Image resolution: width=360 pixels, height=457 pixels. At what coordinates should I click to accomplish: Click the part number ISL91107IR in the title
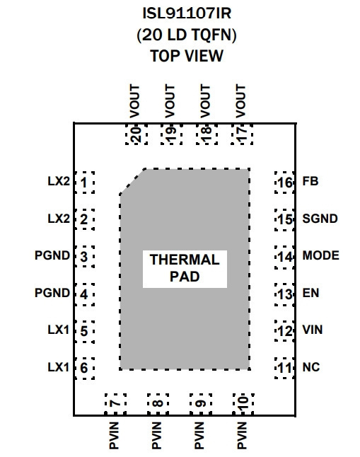pyautogui.click(x=187, y=13)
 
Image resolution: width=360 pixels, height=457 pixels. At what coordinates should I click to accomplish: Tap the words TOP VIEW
pyautogui.click(x=187, y=56)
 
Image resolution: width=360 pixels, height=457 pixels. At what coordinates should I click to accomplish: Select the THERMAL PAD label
pyautogui.click(x=185, y=268)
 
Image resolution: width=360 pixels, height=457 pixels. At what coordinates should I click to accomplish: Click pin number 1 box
pyautogui.click(x=85, y=183)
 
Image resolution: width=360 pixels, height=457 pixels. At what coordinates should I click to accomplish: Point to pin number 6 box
pyautogui.click(x=85, y=369)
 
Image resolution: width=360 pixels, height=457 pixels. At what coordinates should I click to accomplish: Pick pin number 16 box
pyautogui.click(x=284, y=183)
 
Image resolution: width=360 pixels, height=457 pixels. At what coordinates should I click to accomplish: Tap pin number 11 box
pyautogui.click(x=284, y=368)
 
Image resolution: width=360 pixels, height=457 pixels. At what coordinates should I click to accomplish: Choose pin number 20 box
pyautogui.click(x=137, y=134)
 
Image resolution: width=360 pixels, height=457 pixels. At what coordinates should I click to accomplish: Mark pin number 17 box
pyautogui.click(x=242, y=134)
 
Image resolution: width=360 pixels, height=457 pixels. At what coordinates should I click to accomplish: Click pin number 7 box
pyautogui.click(x=115, y=404)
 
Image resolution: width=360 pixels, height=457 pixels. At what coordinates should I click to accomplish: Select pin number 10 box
pyautogui.click(x=243, y=404)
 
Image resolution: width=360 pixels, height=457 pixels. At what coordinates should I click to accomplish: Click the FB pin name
pyautogui.click(x=310, y=181)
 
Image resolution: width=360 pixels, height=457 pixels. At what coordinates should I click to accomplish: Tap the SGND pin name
pyautogui.click(x=320, y=219)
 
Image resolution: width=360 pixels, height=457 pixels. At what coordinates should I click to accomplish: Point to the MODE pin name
pyautogui.click(x=321, y=255)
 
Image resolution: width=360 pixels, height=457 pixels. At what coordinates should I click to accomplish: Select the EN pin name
pyautogui.click(x=310, y=293)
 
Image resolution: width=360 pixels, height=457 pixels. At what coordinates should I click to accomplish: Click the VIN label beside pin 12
pyautogui.click(x=313, y=330)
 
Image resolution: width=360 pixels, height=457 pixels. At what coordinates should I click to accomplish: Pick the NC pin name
pyautogui.click(x=311, y=367)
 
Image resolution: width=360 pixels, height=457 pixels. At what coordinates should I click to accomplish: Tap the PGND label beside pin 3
pyautogui.click(x=52, y=255)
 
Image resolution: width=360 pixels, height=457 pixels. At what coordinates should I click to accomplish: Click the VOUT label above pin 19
pyautogui.click(x=170, y=101)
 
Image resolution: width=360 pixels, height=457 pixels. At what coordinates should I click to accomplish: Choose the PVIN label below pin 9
pyautogui.click(x=199, y=436)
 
